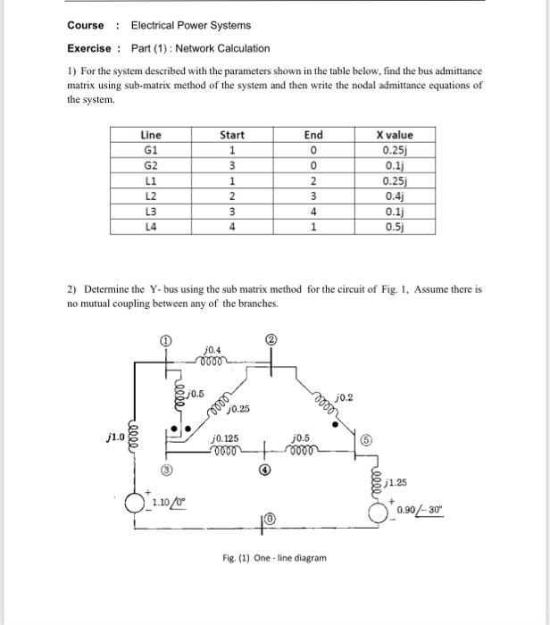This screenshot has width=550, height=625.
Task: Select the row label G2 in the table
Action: (151, 165)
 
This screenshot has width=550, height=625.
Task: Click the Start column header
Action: (231, 135)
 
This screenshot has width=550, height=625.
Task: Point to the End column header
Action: (312, 135)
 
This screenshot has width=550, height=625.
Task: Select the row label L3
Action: (151, 212)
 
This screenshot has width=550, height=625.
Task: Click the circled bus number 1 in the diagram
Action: (163, 339)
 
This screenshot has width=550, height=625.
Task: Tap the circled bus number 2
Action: (272, 339)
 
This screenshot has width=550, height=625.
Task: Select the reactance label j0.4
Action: (213, 350)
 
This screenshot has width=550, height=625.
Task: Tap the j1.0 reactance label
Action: (113, 437)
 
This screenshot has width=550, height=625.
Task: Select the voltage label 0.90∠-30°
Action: (420, 510)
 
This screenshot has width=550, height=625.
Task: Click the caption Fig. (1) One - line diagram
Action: (274, 558)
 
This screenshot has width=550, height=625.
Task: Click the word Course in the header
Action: (86, 25)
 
